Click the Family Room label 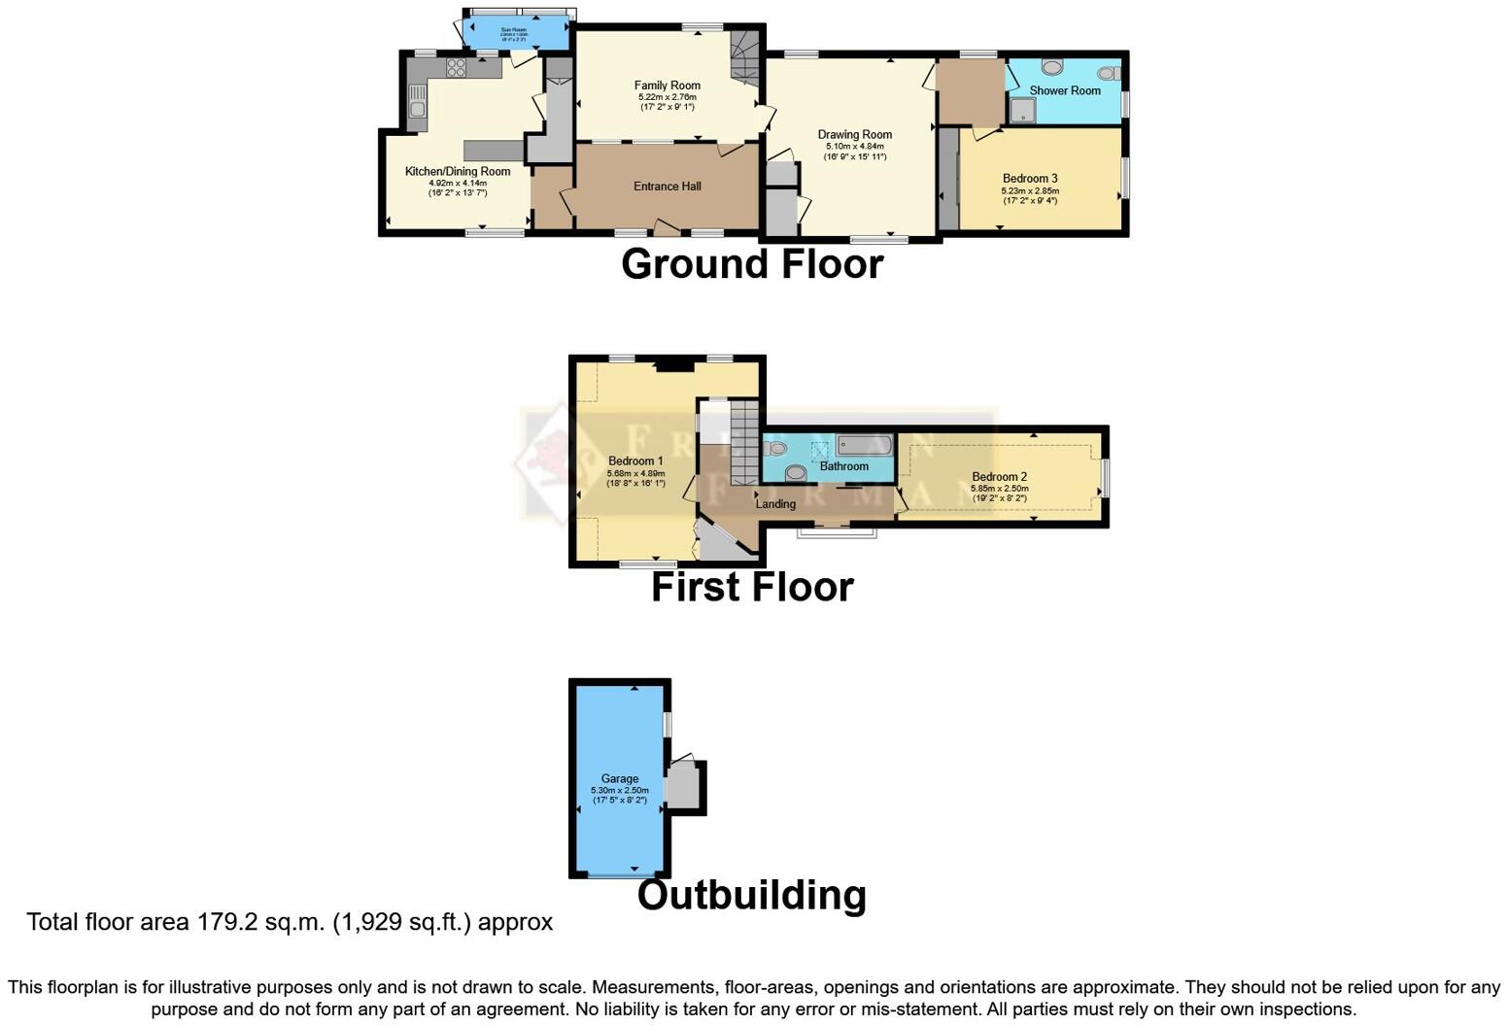tap(667, 85)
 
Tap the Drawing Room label tap(854, 135)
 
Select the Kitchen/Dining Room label tap(457, 172)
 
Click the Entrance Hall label tap(667, 187)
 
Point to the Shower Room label tap(1065, 90)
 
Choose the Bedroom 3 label tap(1029, 179)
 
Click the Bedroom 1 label tap(635, 462)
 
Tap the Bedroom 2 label tap(999, 477)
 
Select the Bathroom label tap(843, 466)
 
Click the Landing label tap(775, 504)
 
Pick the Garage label tap(619, 779)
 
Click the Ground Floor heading tap(752, 264)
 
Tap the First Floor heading tap(752, 588)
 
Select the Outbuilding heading tap(751, 895)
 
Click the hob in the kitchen tap(456, 68)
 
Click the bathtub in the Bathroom tap(864, 447)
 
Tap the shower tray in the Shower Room tap(1022, 112)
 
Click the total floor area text tap(290, 922)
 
